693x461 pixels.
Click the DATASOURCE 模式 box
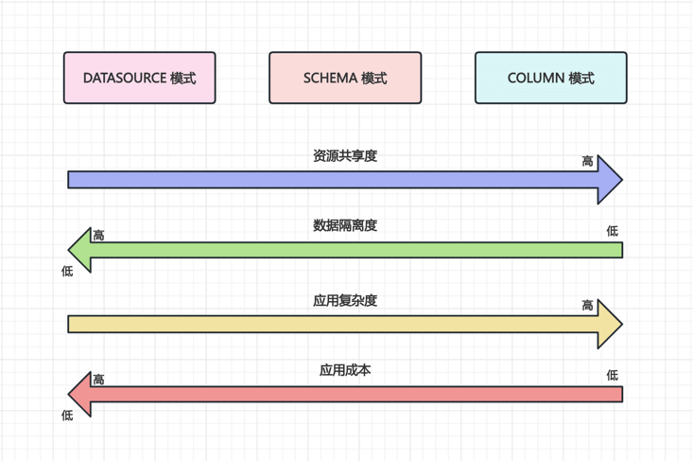point(140,78)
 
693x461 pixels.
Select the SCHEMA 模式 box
point(345,78)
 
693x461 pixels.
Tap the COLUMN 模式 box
point(550,78)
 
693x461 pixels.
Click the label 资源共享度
point(345,156)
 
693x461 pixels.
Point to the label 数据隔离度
point(345,226)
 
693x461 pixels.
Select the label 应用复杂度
point(345,301)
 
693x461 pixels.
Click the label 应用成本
point(345,370)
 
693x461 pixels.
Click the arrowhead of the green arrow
point(80,250)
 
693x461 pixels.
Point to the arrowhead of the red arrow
point(80,394)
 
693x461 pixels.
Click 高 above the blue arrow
point(588,162)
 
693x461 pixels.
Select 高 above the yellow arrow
point(588,306)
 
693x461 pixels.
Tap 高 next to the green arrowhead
point(98,235)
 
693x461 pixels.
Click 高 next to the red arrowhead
point(98,380)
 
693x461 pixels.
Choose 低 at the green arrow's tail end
point(613,231)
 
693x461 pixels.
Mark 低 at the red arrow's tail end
point(613,376)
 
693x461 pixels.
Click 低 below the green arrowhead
point(67,272)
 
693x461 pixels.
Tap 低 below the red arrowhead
point(67,416)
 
